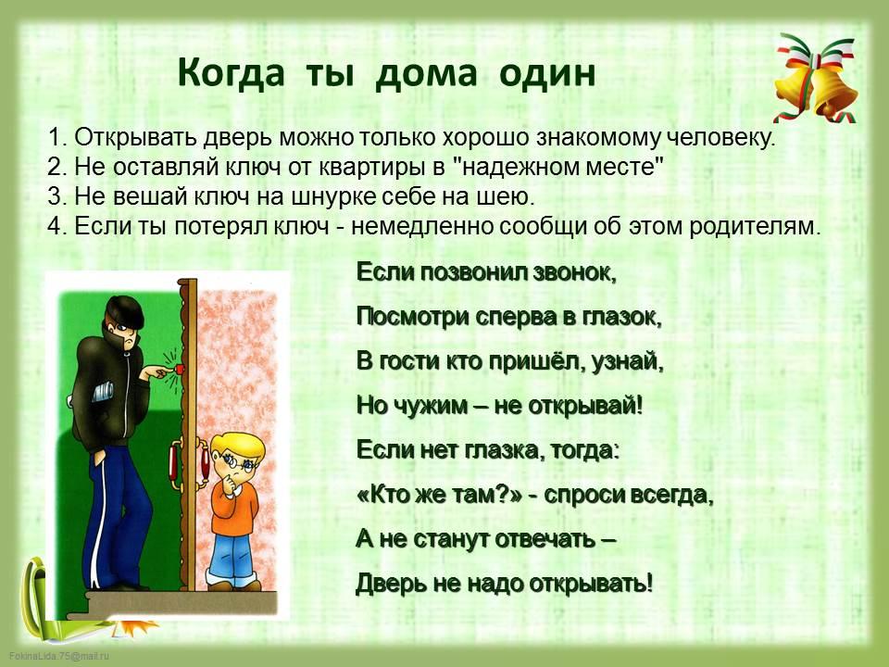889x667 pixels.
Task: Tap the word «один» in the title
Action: (547, 74)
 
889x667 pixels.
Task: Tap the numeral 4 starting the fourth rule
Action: (54, 226)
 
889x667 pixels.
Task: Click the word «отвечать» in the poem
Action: (545, 539)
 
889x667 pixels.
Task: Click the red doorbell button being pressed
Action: (179, 370)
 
